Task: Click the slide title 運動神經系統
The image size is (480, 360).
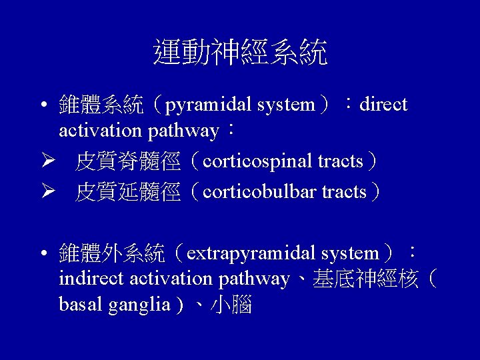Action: (x=240, y=52)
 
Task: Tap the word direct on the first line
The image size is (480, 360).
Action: (x=383, y=105)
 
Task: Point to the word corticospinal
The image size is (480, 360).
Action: (x=257, y=161)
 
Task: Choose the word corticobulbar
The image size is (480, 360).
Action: (x=259, y=192)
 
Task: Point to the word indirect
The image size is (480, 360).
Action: (x=92, y=279)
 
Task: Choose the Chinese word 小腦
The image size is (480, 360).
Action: (x=231, y=305)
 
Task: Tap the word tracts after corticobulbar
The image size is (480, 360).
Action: (x=344, y=192)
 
